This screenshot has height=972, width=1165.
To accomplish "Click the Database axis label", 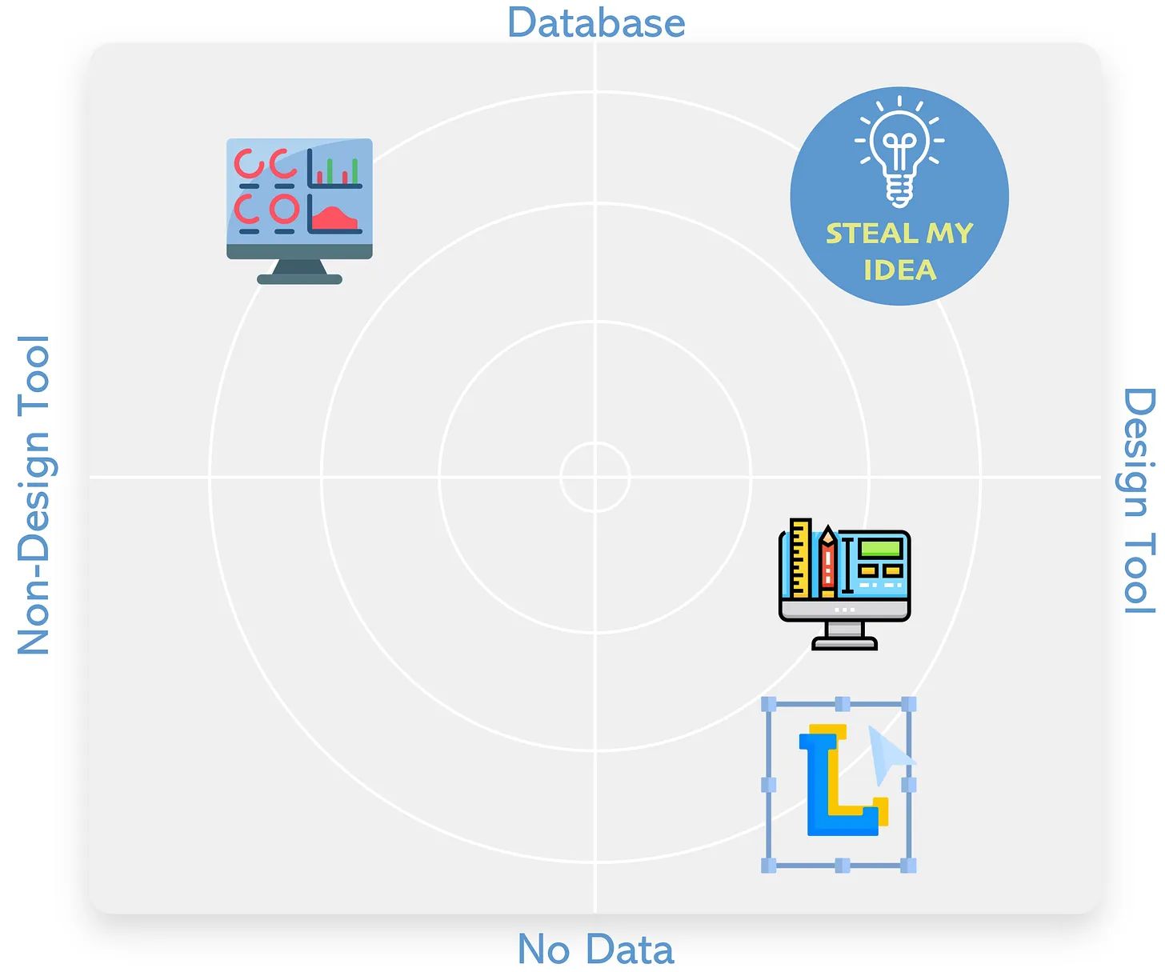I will click(596, 22).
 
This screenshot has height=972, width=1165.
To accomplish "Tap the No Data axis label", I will click(596, 950).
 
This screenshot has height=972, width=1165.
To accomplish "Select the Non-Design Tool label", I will click(34, 494).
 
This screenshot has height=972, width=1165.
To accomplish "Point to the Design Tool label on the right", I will click(1138, 501).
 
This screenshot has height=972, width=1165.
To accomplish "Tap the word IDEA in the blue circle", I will click(899, 270).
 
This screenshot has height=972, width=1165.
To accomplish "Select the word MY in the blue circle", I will click(950, 234).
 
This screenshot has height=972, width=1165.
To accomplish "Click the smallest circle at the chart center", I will click(595, 477).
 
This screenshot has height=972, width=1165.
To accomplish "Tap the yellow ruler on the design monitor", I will click(800, 558).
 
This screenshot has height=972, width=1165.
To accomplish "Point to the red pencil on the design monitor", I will click(827, 561).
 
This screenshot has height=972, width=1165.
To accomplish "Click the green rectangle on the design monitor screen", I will click(881, 550).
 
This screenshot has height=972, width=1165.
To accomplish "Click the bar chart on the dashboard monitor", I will click(337, 170).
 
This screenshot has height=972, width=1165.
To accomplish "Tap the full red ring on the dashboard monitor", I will click(284, 209).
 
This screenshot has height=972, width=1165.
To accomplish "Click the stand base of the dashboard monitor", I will click(299, 279).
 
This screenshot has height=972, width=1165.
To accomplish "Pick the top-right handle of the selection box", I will click(908, 704).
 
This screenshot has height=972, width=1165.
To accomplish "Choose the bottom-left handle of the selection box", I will click(768, 865).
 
